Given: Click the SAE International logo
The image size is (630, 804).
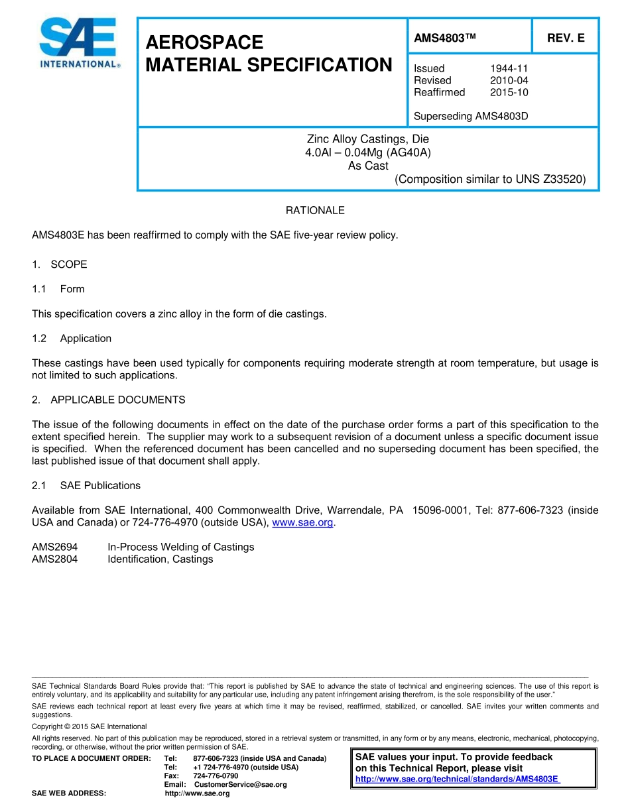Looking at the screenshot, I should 79,43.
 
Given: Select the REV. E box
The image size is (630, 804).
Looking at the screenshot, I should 566,38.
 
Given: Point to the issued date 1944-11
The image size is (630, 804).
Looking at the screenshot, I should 509,68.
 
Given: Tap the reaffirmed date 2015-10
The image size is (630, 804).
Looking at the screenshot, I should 509,92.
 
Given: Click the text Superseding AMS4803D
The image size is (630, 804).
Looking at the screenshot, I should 471,117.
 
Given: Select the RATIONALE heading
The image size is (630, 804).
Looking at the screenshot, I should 315,210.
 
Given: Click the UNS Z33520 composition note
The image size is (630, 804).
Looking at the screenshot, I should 490,179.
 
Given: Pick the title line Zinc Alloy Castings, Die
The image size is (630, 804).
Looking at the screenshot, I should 367,139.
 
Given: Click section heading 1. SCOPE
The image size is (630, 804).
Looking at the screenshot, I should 60,264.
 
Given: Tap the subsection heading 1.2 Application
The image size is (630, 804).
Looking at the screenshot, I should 72,338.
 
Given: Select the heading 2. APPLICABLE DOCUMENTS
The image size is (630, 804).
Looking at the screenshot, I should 109,400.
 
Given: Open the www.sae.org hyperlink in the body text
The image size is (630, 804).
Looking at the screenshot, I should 302,522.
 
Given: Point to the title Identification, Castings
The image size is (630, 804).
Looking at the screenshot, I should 160,559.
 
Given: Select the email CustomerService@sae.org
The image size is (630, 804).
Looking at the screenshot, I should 240,784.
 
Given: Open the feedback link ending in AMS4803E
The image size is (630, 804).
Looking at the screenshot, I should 458,779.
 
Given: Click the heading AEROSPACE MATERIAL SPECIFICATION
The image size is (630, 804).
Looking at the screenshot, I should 269,54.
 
